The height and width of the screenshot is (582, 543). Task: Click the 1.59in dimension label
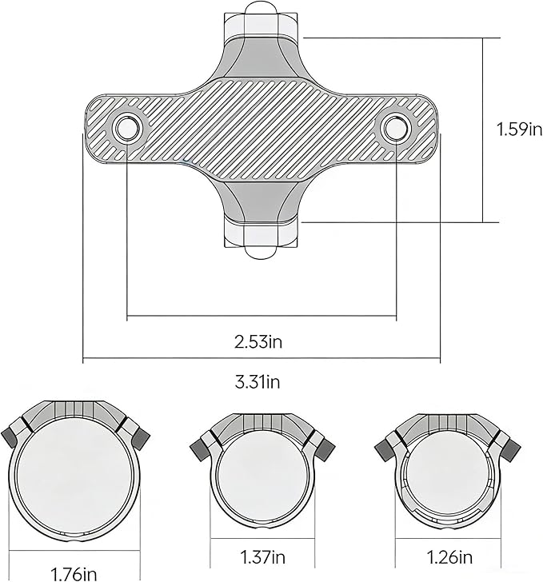pos(519,130)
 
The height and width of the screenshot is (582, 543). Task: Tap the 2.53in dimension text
pos(258,341)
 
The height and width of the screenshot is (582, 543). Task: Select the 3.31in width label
pos(258,381)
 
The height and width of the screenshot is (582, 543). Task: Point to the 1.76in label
pos(74,574)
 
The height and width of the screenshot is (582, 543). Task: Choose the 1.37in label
pos(262,556)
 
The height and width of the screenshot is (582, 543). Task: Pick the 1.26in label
pos(449,556)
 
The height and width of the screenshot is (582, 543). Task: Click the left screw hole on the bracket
pos(127,128)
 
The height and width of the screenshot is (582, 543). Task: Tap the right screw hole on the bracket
pos(397,128)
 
